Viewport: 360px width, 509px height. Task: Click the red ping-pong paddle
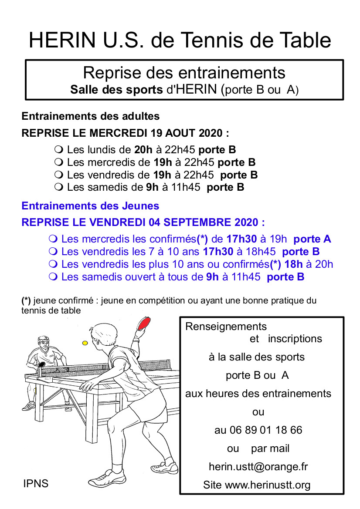coord(144,324)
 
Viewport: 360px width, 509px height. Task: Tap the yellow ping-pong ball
coord(85,343)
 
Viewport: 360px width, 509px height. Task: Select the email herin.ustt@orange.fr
coord(258,466)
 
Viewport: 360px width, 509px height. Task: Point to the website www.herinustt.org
coord(268,485)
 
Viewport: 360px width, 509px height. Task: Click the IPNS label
coord(36,483)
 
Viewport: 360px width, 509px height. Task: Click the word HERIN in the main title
coord(62,40)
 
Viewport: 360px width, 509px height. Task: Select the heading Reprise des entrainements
coord(184,72)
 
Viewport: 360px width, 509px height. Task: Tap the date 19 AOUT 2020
coord(187,133)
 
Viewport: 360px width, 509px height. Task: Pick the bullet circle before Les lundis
coord(59,150)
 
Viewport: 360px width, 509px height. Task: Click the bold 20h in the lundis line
coord(143,150)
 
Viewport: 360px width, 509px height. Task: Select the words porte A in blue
coord(312,239)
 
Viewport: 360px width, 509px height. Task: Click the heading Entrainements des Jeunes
coord(90,206)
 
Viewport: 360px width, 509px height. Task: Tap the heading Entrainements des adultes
coord(91,116)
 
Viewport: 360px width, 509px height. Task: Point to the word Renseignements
coord(226,326)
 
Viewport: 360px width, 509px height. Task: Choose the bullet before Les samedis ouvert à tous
coord(53,277)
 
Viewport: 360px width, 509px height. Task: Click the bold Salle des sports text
coord(117,90)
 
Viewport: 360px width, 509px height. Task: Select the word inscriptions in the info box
coord(295,339)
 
